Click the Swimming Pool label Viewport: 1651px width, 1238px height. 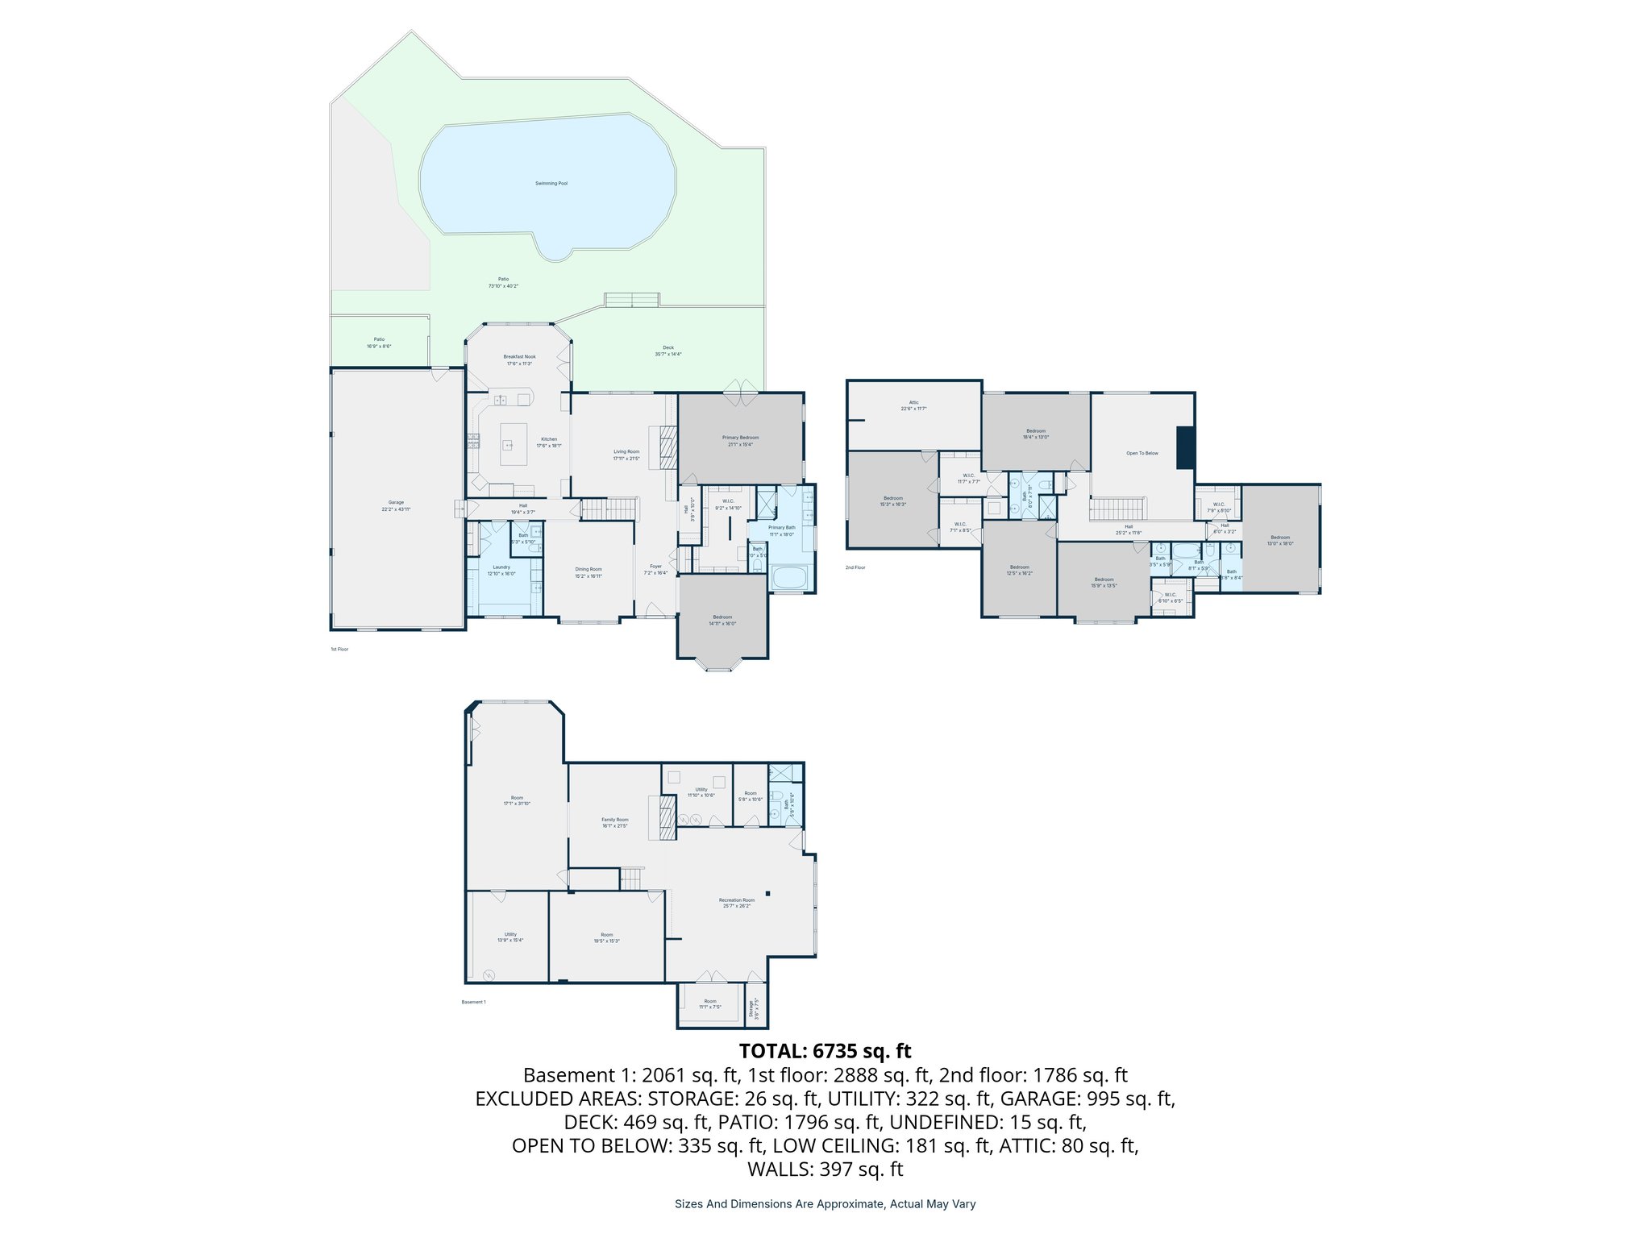pos(551,183)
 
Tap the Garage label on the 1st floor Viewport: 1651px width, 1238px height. pos(396,502)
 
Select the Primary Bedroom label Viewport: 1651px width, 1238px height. pos(740,438)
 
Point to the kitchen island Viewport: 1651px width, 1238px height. pos(514,444)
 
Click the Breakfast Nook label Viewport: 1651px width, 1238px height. pos(519,356)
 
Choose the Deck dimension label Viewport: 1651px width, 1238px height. pos(668,354)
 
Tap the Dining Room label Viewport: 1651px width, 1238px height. pos(588,569)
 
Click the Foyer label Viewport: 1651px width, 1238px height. pos(655,566)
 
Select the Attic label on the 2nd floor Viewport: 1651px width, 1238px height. pos(913,402)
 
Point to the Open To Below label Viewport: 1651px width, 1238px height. pos(1142,453)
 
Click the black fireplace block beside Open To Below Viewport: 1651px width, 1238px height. pos(1186,447)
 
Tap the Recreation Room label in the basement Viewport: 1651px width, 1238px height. pos(737,899)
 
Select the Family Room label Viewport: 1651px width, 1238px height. pos(614,820)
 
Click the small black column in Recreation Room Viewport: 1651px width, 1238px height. pos(768,893)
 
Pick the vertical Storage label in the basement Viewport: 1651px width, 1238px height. pos(751,1009)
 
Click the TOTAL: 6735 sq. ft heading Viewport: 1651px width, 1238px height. pos(825,1051)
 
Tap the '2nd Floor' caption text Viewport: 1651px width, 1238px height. pos(855,567)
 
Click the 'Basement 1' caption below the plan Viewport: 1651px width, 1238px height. pos(473,1002)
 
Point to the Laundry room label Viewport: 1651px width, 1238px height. pos(501,567)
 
